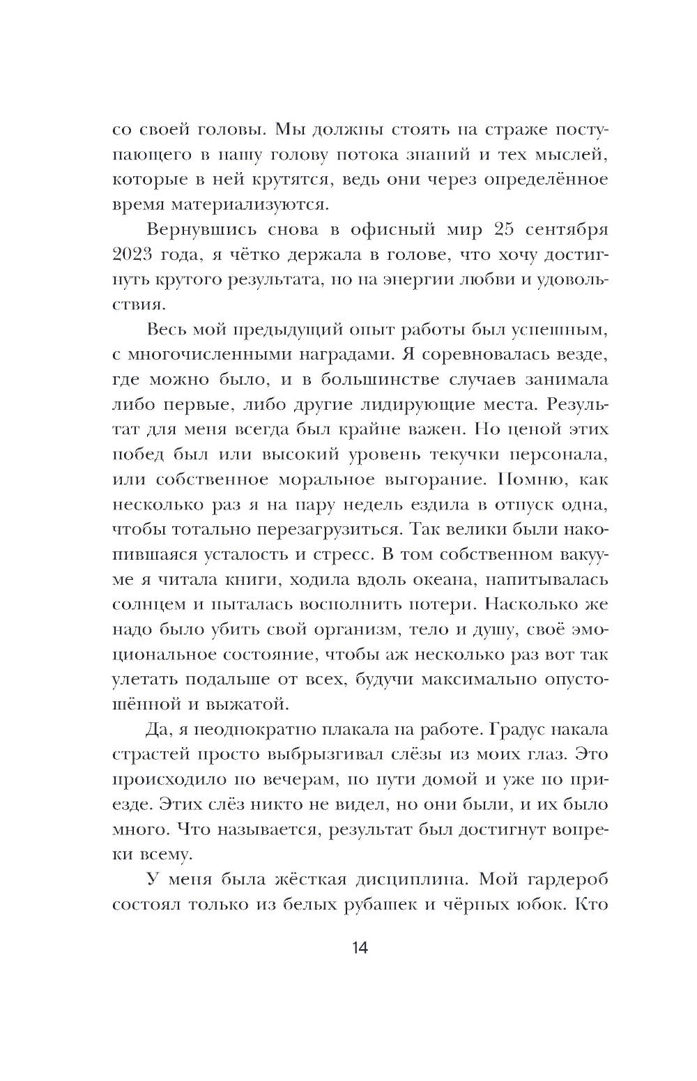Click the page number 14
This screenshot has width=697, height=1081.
(348, 948)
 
